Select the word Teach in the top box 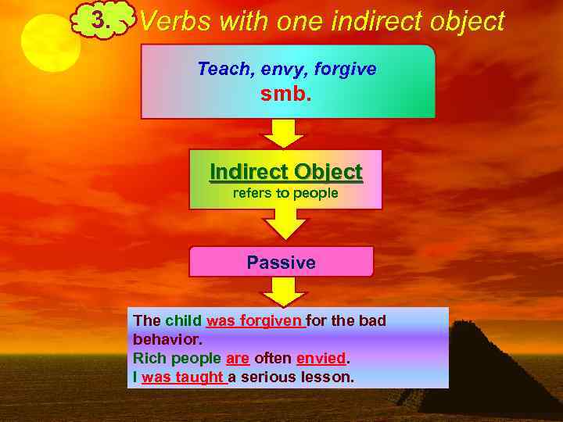pyautogui.click(x=221, y=69)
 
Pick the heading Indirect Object pyautogui.click(x=285, y=172)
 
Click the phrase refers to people pyautogui.click(x=285, y=193)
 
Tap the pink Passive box pyautogui.click(x=281, y=263)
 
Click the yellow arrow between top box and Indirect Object pyautogui.click(x=282, y=133)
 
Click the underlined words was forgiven pyautogui.click(x=255, y=320)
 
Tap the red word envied pyautogui.click(x=321, y=358)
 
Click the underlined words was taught pyautogui.click(x=183, y=377)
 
